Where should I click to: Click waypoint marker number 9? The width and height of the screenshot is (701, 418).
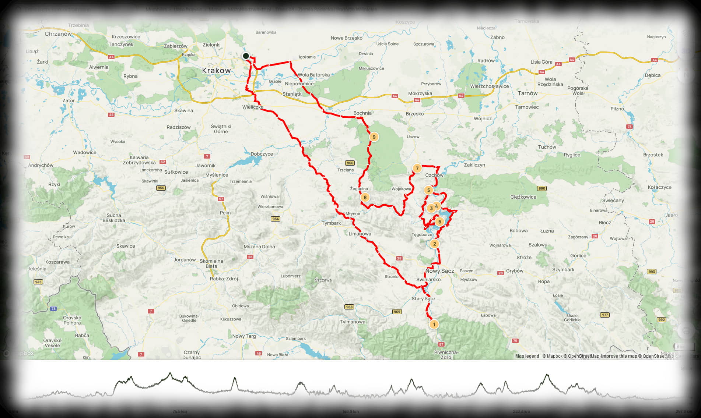(374, 137)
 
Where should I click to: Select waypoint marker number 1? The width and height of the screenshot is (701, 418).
(434, 324)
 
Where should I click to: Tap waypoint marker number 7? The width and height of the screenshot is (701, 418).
(417, 169)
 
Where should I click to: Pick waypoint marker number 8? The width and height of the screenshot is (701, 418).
(365, 197)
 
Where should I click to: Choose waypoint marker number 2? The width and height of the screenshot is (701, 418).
(435, 244)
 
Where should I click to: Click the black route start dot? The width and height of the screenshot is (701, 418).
(246, 56)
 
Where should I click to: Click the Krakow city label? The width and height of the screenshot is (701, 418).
(216, 70)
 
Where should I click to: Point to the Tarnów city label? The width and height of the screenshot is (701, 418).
(527, 93)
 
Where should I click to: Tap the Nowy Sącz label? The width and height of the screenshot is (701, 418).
(439, 271)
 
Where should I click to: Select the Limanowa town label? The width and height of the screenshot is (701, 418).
(360, 234)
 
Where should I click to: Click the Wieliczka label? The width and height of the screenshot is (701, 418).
(253, 107)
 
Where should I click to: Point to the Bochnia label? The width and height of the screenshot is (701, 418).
(362, 113)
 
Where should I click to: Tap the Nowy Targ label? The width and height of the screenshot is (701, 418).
(244, 336)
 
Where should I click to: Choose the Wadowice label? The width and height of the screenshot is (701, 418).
(85, 152)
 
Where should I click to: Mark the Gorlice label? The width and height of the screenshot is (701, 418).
(578, 256)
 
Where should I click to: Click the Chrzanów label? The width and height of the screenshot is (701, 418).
(58, 34)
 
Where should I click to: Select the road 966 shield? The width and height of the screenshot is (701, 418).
(350, 163)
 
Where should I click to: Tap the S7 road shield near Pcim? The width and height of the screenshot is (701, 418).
(221, 199)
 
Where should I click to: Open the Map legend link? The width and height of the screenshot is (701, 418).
(527, 356)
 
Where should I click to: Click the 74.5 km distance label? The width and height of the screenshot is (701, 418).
(179, 411)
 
